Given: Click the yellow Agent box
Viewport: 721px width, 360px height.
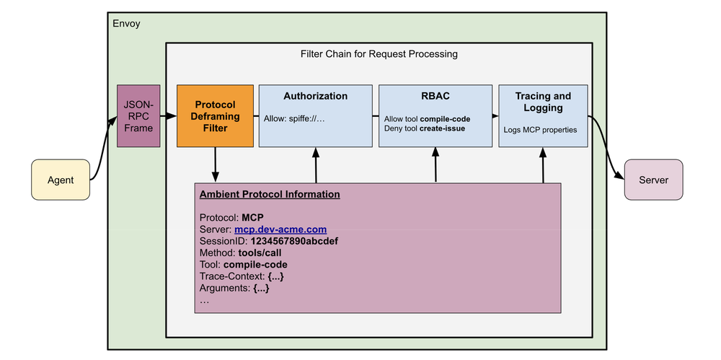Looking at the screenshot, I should (x=61, y=180).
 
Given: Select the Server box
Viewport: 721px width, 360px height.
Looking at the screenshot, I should (x=653, y=180).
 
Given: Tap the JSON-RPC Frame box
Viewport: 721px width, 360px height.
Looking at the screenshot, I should (x=138, y=116).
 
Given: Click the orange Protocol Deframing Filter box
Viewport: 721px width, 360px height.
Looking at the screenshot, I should (x=216, y=116).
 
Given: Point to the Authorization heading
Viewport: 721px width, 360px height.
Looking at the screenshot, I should (x=315, y=96).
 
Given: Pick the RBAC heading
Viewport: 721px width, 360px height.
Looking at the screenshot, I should (x=435, y=96).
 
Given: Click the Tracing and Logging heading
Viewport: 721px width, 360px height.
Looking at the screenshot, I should (x=543, y=102).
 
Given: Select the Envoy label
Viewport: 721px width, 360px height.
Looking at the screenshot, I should (x=127, y=24).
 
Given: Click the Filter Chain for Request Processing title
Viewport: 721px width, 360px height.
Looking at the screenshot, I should (x=379, y=54).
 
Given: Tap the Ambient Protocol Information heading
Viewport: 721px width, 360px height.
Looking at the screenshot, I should (x=270, y=194).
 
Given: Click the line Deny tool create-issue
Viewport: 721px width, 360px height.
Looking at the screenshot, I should (x=425, y=128).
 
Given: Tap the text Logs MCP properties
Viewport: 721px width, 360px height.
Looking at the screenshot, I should (x=541, y=131).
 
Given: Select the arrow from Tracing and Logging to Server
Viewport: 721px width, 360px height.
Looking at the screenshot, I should (x=607, y=148).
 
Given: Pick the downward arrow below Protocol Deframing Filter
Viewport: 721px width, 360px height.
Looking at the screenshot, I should (x=215, y=164).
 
